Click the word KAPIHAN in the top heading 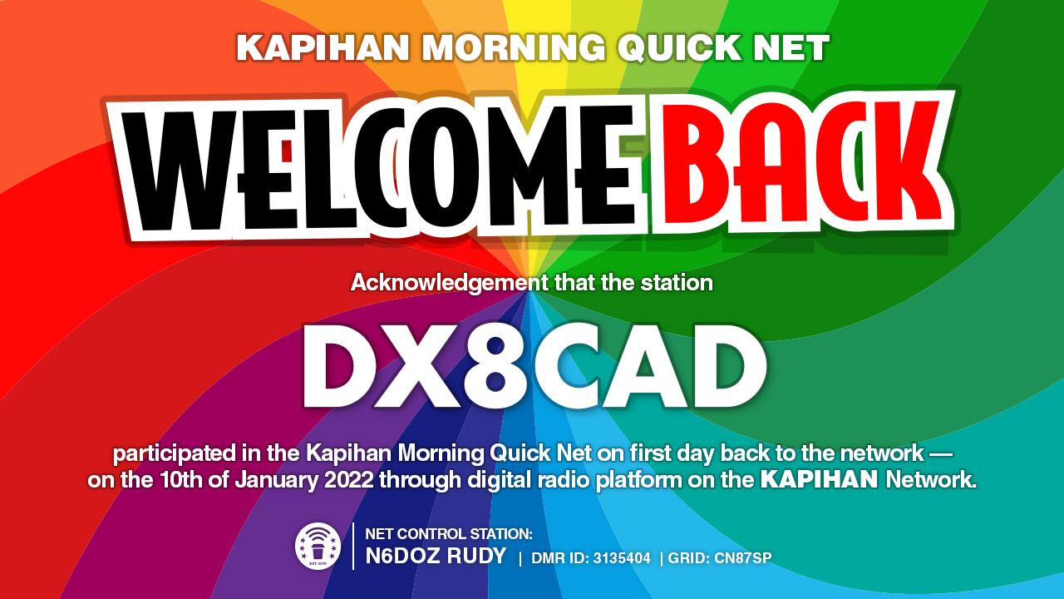(323, 47)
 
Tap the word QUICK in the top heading (680, 47)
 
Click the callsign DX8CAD (534, 367)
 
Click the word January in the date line (277, 480)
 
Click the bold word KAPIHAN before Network (819, 480)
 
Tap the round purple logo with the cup (318, 546)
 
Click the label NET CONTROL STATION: (449, 534)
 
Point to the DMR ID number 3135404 (622, 558)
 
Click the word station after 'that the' (677, 284)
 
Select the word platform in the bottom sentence (638, 481)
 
